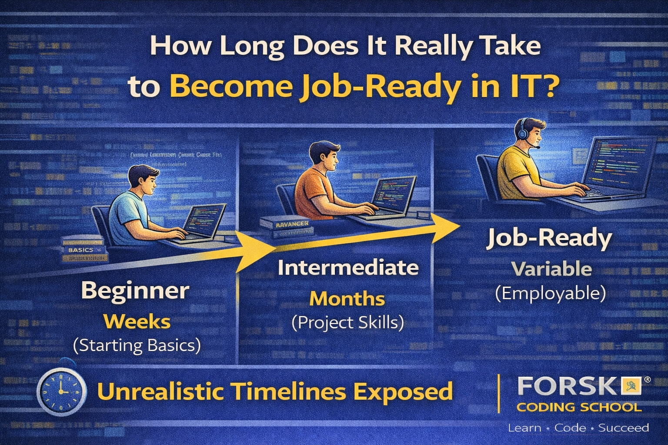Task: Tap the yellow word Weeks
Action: pyautogui.click(x=137, y=322)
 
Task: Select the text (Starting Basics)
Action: pyautogui.click(x=137, y=345)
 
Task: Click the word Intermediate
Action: pyautogui.click(x=348, y=268)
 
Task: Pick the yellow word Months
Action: pyautogui.click(x=347, y=299)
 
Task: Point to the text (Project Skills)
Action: pyautogui.click(x=347, y=322)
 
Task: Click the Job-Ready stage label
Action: pyautogui.click(x=549, y=239)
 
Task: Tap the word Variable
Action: pyautogui.click(x=551, y=269)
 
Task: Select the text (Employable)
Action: pyautogui.click(x=551, y=294)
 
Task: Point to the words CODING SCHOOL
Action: pyautogui.click(x=579, y=407)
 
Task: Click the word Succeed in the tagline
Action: pyautogui.click(x=623, y=428)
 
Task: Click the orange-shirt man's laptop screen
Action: pyautogui.click(x=389, y=194)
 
